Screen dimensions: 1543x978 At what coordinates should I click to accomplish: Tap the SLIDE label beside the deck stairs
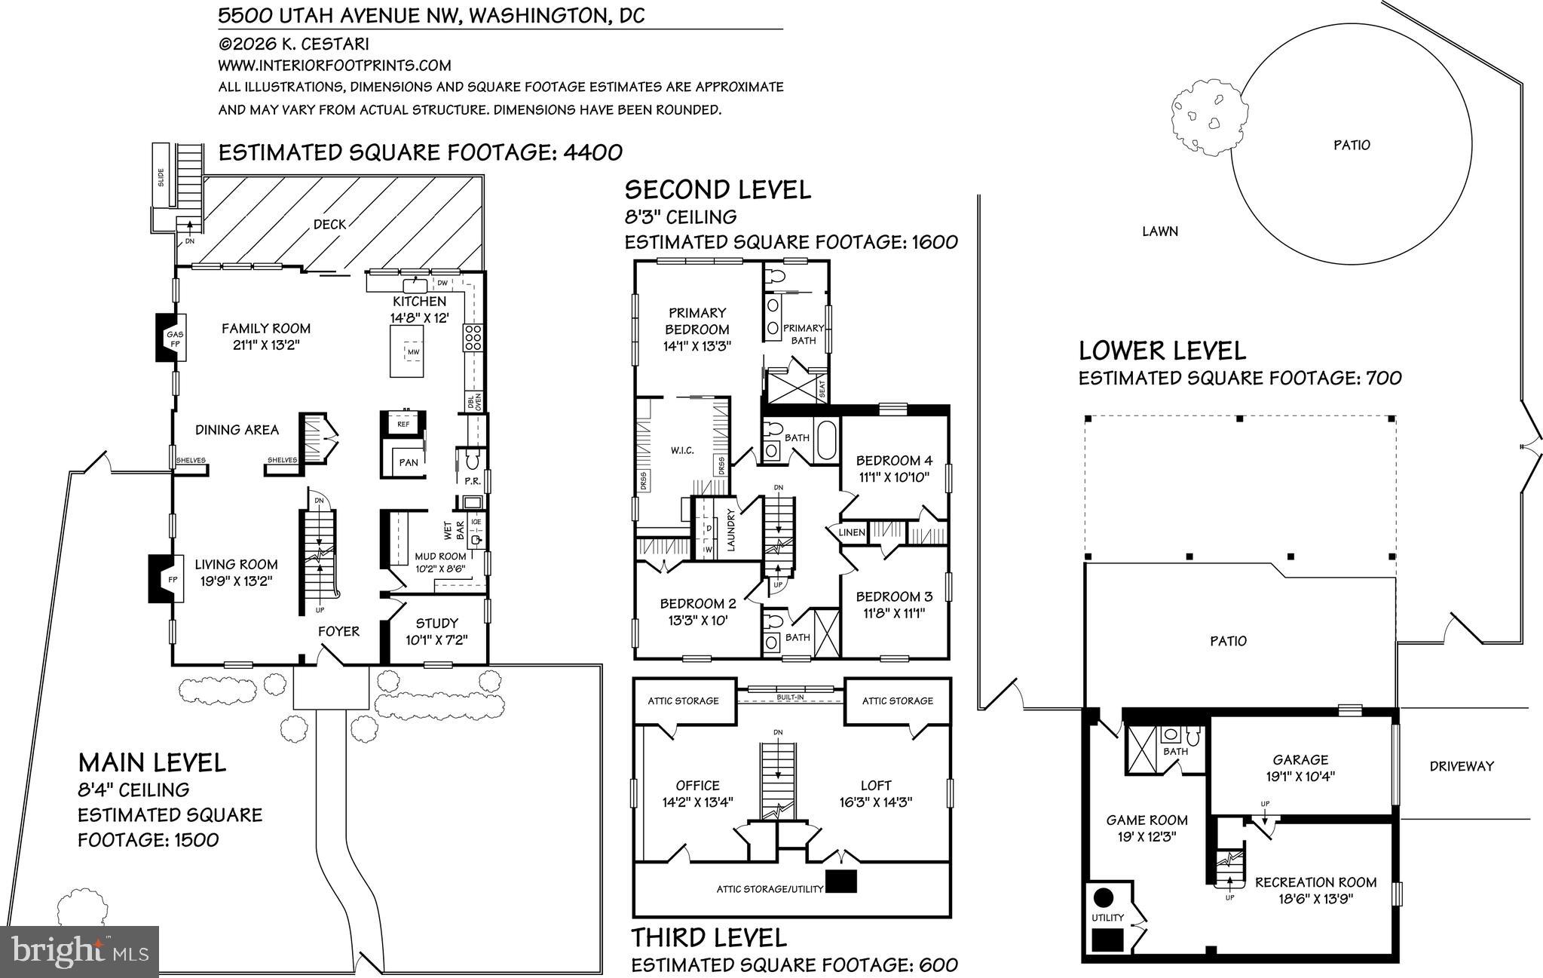tap(161, 176)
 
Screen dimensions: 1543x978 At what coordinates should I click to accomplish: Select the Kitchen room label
tap(419, 309)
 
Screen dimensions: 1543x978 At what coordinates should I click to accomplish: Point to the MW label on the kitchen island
tap(412, 352)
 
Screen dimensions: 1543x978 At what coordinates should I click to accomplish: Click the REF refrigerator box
tap(403, 423)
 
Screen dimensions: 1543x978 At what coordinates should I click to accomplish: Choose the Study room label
tap(436, 631)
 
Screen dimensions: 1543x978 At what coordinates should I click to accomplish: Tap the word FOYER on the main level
tap(338, 631)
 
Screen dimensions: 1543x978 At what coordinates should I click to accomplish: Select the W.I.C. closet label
tap(681, 450)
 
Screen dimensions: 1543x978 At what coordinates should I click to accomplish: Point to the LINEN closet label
tap(852, 532)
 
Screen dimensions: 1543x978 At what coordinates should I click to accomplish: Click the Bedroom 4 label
tap(894, 468)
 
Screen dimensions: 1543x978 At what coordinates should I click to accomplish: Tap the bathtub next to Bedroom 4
tap(826, 441)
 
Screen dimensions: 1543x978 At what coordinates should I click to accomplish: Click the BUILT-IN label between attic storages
tap(791, 697)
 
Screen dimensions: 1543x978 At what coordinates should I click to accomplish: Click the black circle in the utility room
tap(1104, 897)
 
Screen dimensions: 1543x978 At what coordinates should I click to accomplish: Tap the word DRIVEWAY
tap(1462, 766)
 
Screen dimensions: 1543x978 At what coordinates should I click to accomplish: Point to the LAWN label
tap(1159, 231)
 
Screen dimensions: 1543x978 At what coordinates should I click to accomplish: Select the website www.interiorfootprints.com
tap(335, 66)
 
